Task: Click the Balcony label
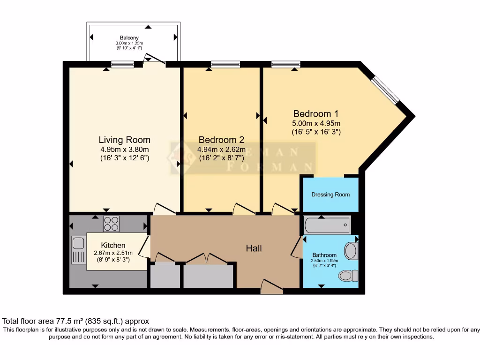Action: [129, 38]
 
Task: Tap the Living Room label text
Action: [124, 140]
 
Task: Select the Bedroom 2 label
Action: [221, 140]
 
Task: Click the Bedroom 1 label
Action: [315, 114]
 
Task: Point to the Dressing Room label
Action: [330, 195]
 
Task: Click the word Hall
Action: [254, 248]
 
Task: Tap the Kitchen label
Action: [113, 245]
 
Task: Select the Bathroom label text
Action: [324, 255]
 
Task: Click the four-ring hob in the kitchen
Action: [111, 224]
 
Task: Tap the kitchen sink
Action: [78, 244]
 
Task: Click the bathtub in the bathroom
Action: [327, 225]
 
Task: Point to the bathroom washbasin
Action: [351, 251]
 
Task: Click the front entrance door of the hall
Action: [272, 286]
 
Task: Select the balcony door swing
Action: [154, 59]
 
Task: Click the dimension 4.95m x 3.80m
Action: [124, 150]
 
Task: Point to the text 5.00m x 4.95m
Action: [315, 123]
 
